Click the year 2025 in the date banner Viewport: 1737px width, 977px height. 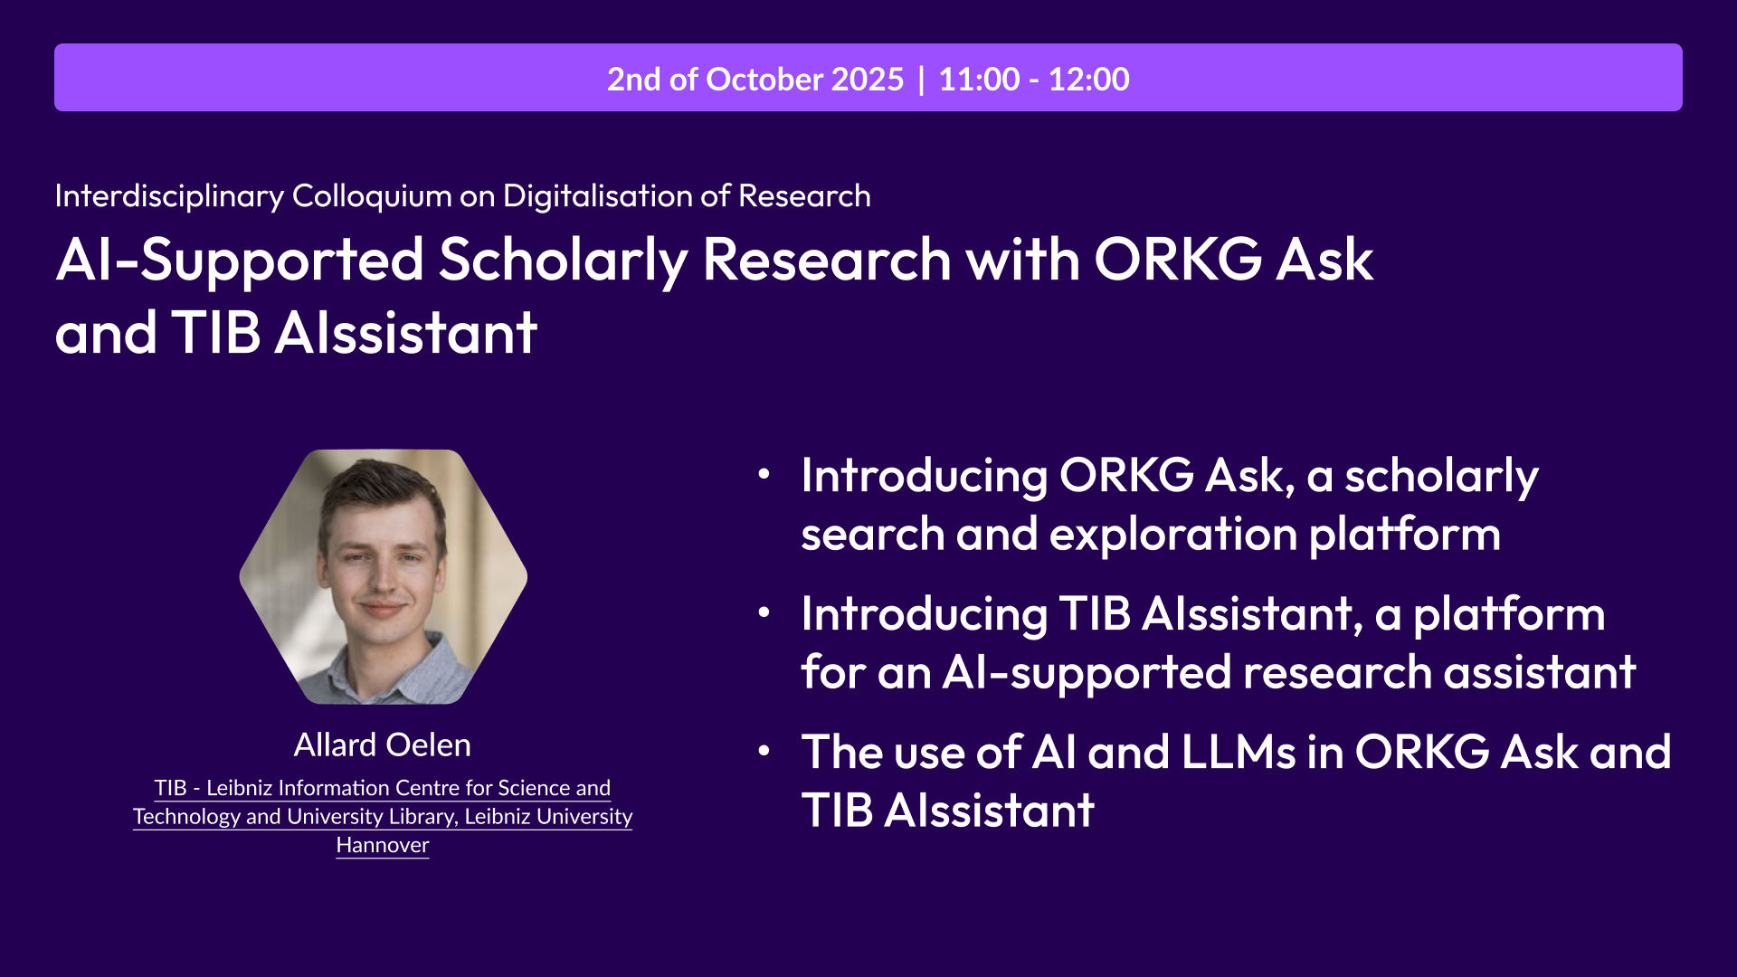pos(867,80)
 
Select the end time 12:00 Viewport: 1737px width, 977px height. pos(1088,80)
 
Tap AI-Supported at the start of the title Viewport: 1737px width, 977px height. pos(240,261)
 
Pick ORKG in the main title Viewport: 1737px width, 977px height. pos(1177,261)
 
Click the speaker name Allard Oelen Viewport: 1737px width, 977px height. pos(382,745)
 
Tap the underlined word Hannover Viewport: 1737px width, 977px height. pos(382,846)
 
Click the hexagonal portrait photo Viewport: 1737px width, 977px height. pos(383,576)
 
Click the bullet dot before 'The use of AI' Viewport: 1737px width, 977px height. pos(764,751)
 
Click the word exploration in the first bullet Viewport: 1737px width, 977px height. pos(1173,534)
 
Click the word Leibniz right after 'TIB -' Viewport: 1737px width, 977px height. pos(239,788)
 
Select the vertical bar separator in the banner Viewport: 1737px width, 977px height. pos(921,80)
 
